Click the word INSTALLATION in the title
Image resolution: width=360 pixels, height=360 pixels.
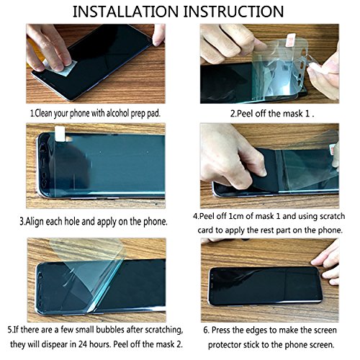pyautogui.click(x=125, y=12)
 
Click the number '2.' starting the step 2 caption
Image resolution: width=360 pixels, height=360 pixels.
pyautogui.click(x=233, y=114)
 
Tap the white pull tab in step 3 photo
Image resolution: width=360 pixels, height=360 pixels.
pyautogui.click(x=60, y=133)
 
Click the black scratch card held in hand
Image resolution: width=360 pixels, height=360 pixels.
pyautogui.click(x=265, y=171)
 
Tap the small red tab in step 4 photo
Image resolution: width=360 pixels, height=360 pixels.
pyautogui.click(x=333, y=150)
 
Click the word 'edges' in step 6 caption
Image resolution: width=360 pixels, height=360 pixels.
pyautogui.click(x=252, y=330)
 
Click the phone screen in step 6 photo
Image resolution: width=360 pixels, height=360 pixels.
pyautogui.click(x=265, y=285)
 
